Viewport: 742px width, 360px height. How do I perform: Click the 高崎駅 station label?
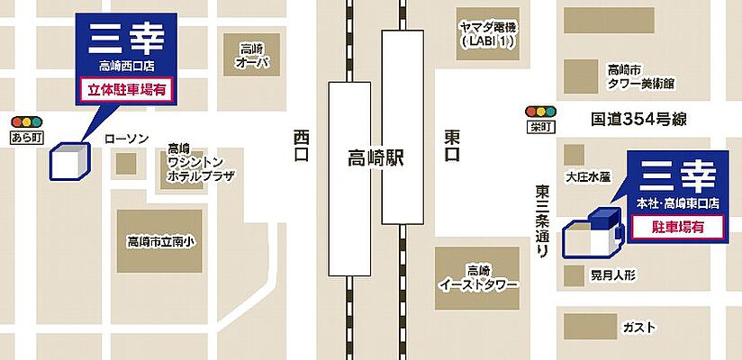point(376,160)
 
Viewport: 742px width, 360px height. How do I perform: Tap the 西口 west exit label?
point(301,146)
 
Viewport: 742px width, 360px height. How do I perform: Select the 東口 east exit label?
point(453,146)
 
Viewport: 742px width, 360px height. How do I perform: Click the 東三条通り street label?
point(543,221)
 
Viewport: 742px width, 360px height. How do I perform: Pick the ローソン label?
point(125,138)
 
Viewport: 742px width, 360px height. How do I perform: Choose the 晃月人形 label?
point(612,273)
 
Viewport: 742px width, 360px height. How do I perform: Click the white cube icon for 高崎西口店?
point(69,161)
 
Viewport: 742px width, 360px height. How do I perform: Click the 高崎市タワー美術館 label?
point(640,76)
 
